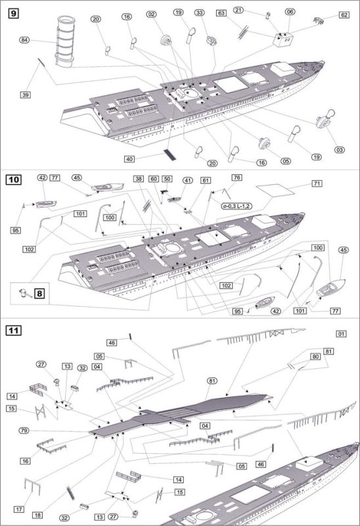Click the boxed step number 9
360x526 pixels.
pyautogui.click(x=13, y=13)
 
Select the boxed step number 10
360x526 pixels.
pyautogui.click(x=13, y=179)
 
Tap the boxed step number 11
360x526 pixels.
pyautogui.click(x=13, y=331)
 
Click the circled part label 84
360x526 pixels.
pyautogui.click(x=24, y=40)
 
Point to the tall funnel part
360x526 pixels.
pyautogui.click(x=65, y=41)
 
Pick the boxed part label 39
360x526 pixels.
pyautogui.click(x=26, y=95)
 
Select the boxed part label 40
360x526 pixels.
pyautogui.click(x=129, y=159)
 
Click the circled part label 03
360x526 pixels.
pyautogui.click(x=340, y=150)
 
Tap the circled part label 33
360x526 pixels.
pyautogui.click(x=200, y=12)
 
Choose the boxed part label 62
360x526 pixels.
pyautogui.click(x=344, y=15)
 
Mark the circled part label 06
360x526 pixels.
pyautogui.click(x=290, y=12)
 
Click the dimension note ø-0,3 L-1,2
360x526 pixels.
pyautogui.click(x=236, y=206)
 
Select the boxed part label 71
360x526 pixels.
pyautogui.click(x=317, y=183)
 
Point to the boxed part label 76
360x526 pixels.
pyautogui.click(x=236, y=178)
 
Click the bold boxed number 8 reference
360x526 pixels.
pyautogui.click(x=39, y=293)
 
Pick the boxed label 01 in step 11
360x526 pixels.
pyautogui.click(x=341, y=334)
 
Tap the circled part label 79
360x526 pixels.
pyautogui.click(x=24, y=431)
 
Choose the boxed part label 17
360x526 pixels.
pyautogui.click(x=19, y=509)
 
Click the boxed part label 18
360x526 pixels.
pyautogui.click(x=37, y=515)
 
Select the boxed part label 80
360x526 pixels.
pyautogui.click(x=315, y=356)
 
